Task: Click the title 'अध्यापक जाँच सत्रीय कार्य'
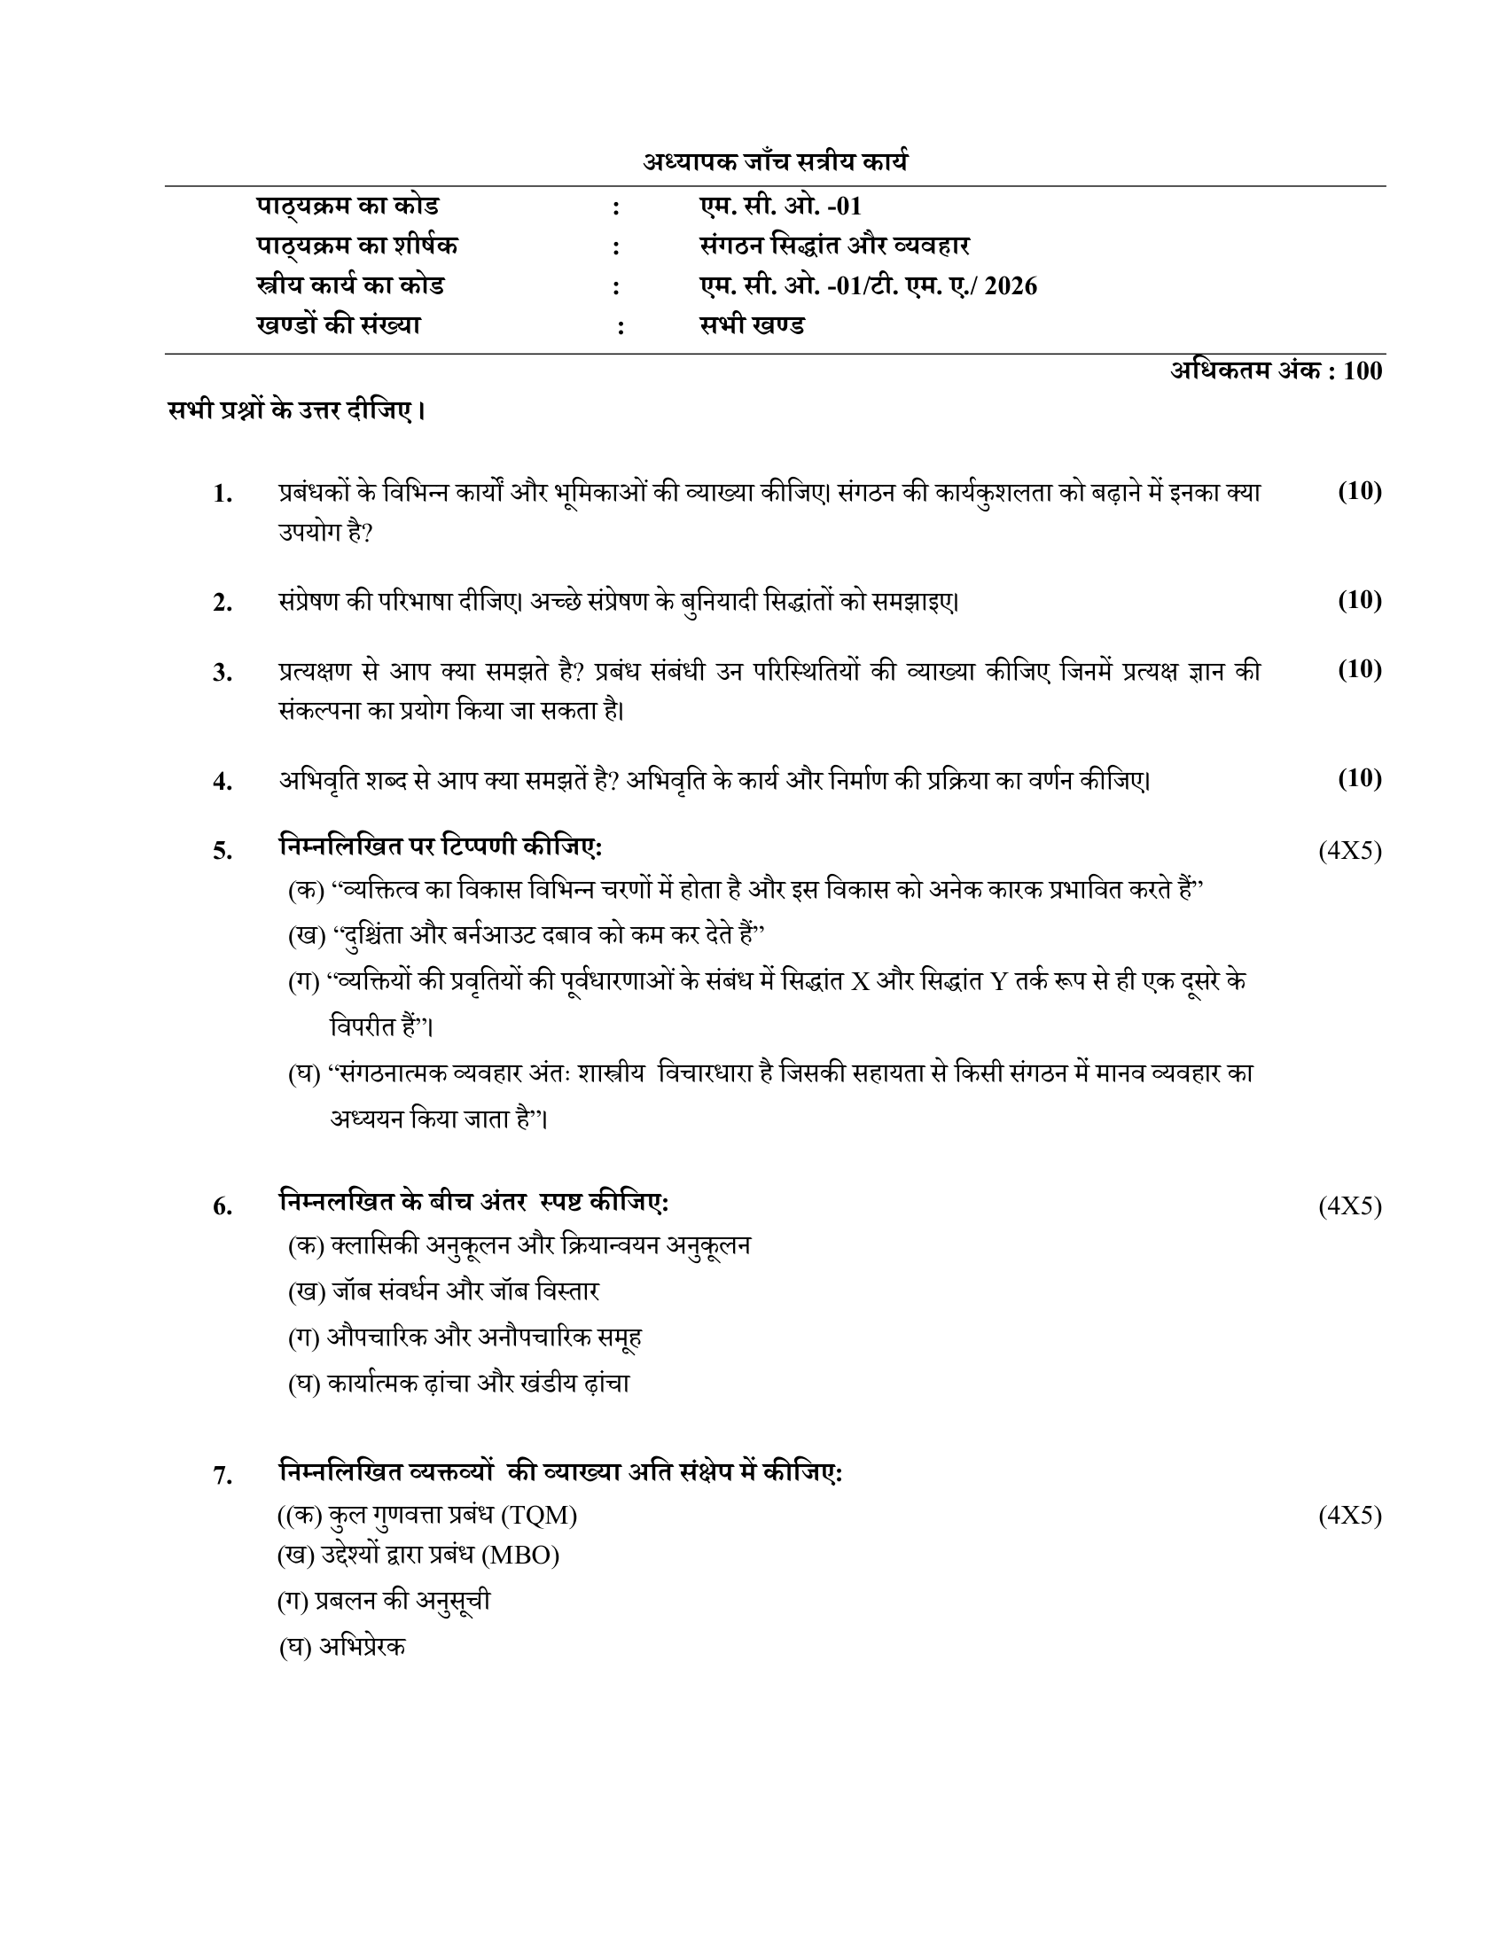click(x=775, y=162)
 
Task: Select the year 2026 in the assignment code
click(x=1011, y=285)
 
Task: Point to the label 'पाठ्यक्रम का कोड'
click(x=347, y=207)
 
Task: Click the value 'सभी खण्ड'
click(x=752, y=325)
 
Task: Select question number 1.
click(x=223, y=494)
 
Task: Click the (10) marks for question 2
click(x=1359, y=600)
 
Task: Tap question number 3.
click(x=223, y=673)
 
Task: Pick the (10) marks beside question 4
click(x=1359, y=778)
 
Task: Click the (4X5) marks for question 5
click(x=1350, y=851)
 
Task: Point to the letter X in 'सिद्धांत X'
click(x=860, y=982)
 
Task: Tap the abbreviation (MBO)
click(x=520, y=1556)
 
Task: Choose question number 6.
click(x=223, y=1207)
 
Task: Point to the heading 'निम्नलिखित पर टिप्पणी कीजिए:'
click(x=441, y=846)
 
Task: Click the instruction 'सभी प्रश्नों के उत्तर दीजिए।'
click(x=296, y=411)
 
